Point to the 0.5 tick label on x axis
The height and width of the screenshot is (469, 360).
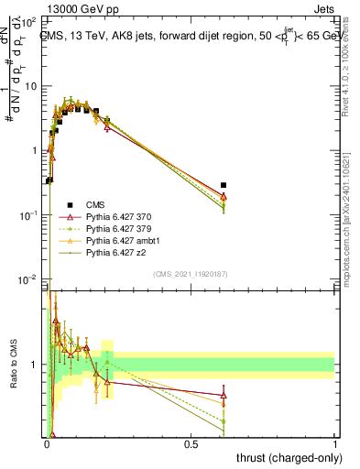191,442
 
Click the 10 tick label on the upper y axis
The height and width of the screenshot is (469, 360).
33,86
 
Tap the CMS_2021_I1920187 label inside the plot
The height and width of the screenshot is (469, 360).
190,274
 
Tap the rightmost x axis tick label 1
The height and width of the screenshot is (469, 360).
335,442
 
